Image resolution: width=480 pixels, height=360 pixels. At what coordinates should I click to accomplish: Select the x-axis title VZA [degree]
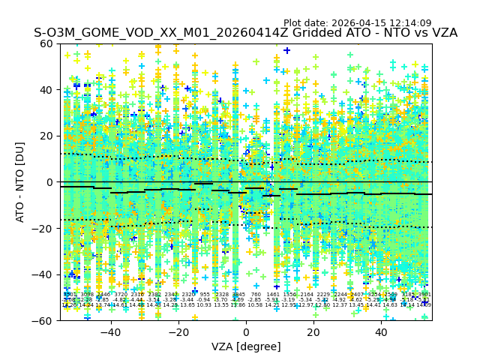tap(246, 346)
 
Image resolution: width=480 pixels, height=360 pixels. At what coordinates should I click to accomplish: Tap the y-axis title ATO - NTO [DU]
tap(20, 182)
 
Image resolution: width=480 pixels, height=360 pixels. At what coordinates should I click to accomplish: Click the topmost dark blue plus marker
tap(286, 51)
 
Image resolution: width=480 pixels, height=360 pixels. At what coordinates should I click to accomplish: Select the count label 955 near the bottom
tap(205, 295)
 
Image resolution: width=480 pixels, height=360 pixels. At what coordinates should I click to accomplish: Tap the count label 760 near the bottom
tap(256, 295)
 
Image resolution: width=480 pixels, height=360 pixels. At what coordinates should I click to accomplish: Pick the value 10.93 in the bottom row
tap(205, 305)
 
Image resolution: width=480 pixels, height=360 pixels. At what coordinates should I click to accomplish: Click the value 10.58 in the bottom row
tap(256, 305)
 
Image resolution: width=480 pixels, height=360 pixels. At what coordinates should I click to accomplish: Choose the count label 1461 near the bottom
tap(273, 295)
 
